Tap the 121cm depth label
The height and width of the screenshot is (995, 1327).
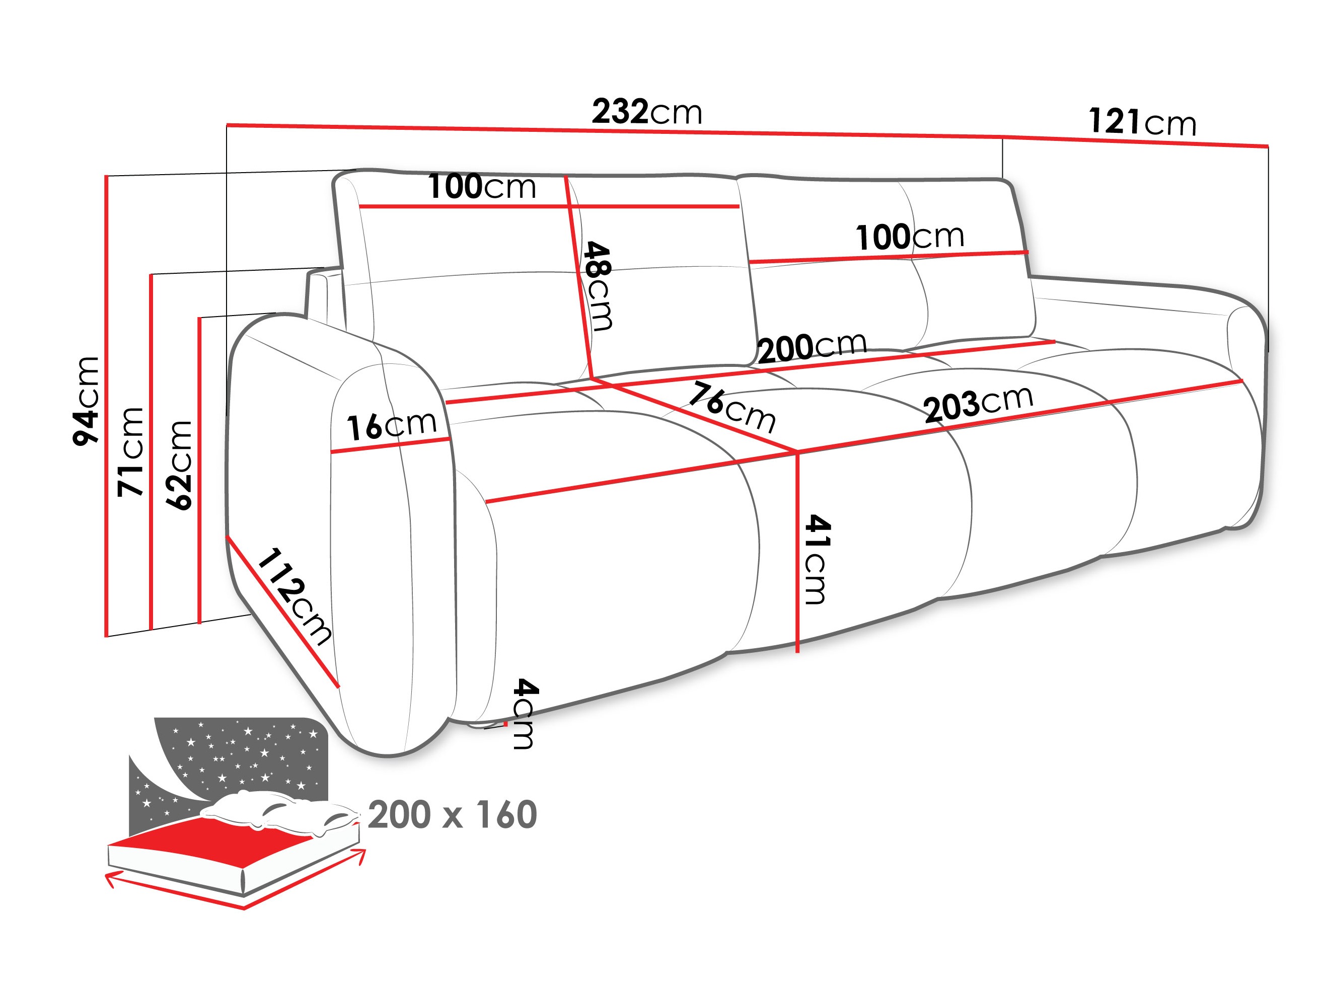point(1142,122)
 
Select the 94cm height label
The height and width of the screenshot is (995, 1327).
point(86,400)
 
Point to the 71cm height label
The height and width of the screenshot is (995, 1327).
point(131,451)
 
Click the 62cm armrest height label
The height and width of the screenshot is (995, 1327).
point(179,465)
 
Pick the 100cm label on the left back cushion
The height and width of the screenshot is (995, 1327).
point(481,187)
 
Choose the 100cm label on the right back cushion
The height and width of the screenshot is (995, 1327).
point(910,237)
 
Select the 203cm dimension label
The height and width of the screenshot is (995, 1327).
point(978,403)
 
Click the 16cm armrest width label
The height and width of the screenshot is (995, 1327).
point(391,425)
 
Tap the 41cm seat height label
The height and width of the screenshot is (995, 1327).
point(817,559)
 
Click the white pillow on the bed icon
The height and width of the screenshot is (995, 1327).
point(276,810)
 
